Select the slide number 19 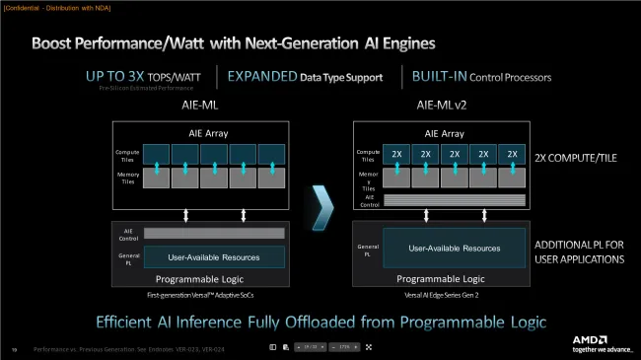point(15,348)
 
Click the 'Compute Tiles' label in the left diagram point(126,155)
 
